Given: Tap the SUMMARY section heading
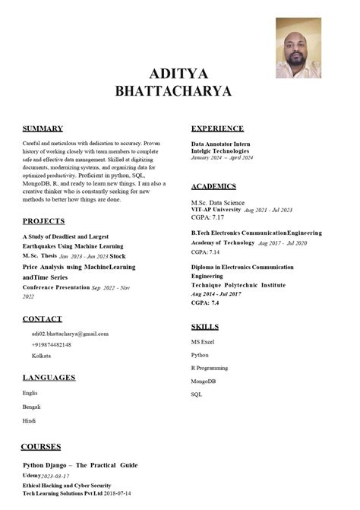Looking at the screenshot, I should (x=43, y=128).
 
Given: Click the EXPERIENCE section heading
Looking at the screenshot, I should (x=217, y=128).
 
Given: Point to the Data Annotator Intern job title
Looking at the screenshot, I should (x=221, y=144).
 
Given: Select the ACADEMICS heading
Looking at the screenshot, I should (x=213, y=186).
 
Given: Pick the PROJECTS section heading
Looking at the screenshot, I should (x=43, y=221).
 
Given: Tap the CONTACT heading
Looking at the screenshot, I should (x=42, y=319).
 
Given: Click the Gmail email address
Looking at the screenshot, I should (x=70, y=334).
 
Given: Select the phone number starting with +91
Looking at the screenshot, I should (x=52, y=344).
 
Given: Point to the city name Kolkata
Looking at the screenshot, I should (x=41, y=356).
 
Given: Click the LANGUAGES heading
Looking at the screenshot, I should (x=49, y=378).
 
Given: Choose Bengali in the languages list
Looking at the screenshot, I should (x=32, y=407).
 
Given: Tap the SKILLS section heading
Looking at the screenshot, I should (x=204, y=327).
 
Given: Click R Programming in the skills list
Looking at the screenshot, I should (x=209, y=368).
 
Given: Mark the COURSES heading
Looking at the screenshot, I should (x=40, y=446).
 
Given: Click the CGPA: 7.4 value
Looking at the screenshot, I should (x=205, y=303).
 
